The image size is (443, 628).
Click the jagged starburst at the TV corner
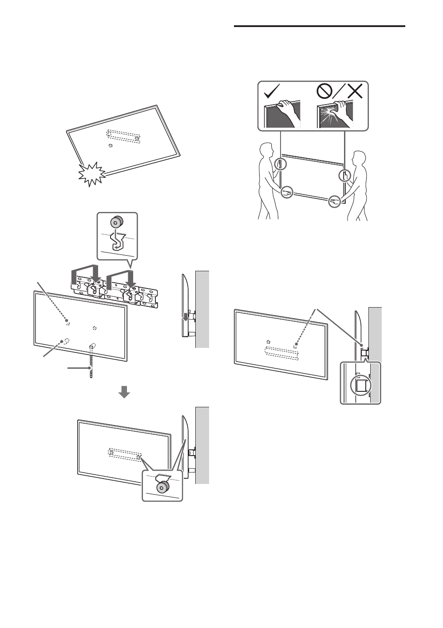(91, 174)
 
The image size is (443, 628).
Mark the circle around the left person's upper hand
(280, 164)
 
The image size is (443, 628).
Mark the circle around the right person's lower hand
(336, 202)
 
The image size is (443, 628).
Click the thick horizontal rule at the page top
(319, 26)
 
